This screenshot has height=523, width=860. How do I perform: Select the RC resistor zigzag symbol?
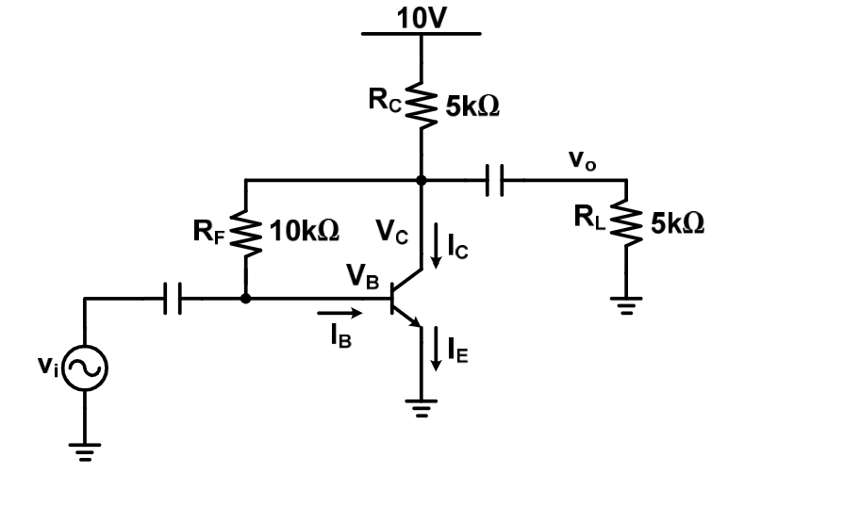click(x=422, y=105)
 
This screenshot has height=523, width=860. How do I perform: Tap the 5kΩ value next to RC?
click(x=471, y=106)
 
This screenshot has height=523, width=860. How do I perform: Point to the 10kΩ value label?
click(x=305, y=232)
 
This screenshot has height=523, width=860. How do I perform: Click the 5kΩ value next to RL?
click(x=677, y=224)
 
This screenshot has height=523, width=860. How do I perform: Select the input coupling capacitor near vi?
click(x=172, y=299)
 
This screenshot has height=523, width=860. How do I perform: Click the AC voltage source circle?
click(x=85, y=368)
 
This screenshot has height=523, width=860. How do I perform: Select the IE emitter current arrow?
click(x=436, y=349)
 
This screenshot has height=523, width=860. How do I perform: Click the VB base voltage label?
click(x=362, y=275)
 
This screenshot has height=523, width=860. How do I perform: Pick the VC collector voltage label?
click(x=392, y=230)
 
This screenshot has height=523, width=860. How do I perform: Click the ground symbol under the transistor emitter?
click(x=422, y=407)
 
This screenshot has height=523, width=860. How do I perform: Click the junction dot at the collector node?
click(x=422, y=180)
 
